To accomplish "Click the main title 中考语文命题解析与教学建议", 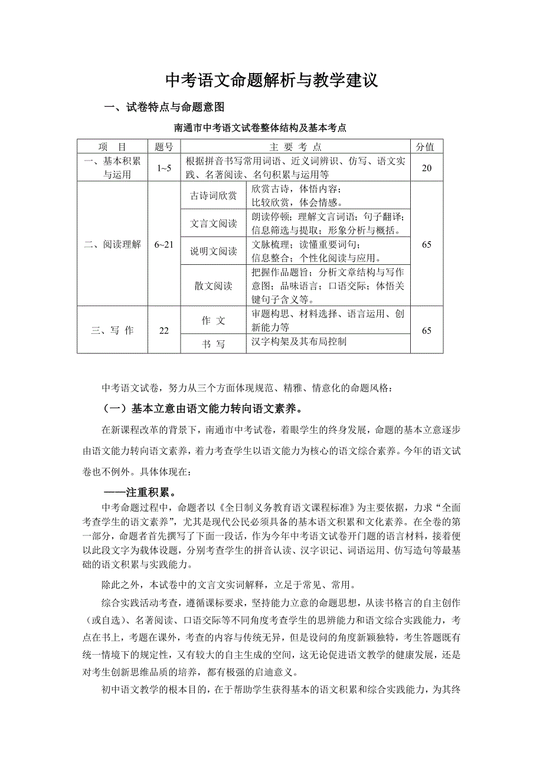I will pyautogui.click(x=271, y=81).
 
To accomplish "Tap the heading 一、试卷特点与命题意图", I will pyautogui.click(x=164, y=108).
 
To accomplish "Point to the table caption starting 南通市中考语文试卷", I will pyautogui.click(x=260, y=127).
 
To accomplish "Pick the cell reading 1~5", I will pyautogui.click(x=163, y=168).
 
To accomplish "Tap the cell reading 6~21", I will pyautogui.click(x=163, y=244).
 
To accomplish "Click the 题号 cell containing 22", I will pyautogui.click(x=163, y=330).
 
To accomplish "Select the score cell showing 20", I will pyautogui.click(x=426, y=168).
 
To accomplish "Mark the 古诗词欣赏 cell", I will pyautogui.click(x=213, y=195).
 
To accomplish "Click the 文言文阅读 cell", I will pyautogui.click(x=213, y=224).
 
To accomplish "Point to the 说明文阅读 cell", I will pyautogui.click(x=213, y=252).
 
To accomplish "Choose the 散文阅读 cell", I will pyautogui.click(x=213, y=286).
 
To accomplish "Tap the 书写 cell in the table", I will pyautogui.click(x=213, y=344).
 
